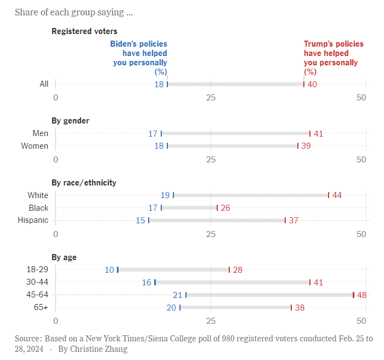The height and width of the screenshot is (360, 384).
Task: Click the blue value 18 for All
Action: pos(159,84)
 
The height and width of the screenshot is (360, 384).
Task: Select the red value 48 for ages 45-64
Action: pos(362,295)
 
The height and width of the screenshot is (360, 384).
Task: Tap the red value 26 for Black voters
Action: pos(225,208)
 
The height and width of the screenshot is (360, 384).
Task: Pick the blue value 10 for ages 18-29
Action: pos(110,269)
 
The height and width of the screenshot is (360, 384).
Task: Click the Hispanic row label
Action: pos(34,220)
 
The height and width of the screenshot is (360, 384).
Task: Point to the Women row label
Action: pos(35,146)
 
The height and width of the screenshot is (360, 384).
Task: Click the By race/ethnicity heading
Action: pos(84,183)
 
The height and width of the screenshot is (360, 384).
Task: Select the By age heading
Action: pos(64,257)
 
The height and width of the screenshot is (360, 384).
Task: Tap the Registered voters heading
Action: pos(84,31)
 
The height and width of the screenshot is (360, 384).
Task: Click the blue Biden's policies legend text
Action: pos(139,58)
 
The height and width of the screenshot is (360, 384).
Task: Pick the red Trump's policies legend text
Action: pos(333,58)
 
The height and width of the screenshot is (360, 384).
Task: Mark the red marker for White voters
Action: pos(329,195)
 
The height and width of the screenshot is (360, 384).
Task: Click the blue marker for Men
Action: pos(161,133)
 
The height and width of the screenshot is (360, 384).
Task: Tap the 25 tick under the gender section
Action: pos(211,159)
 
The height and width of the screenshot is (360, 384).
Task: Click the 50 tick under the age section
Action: pos(361,320)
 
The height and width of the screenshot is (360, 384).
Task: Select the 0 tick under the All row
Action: pos(55,97)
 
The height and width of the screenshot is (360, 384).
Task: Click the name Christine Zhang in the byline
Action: pos(100,349)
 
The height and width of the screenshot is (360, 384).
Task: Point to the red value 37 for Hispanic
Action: pos(293,220)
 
